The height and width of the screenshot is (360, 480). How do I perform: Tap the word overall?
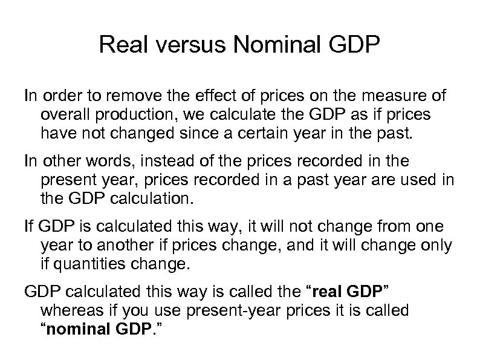pyautogui.click(x=65, y=115)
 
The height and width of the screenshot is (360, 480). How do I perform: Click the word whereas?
pyautogui.click(x=71, y=311)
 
